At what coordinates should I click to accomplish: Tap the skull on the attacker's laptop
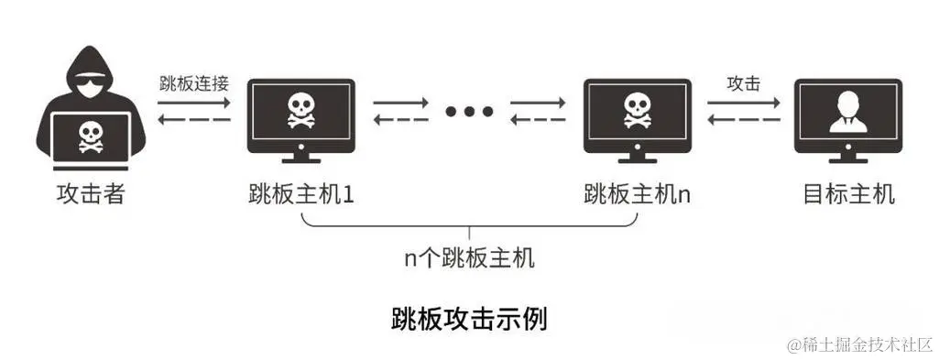[88, 137]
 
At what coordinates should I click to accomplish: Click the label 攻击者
[88, 195]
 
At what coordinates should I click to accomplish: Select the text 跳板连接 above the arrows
[193, 83]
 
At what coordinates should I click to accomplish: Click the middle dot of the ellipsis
[470, 112]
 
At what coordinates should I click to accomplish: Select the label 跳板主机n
[638, 195]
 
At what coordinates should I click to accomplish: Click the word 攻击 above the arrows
[743, 83]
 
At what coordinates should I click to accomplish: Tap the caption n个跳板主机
[470, 258]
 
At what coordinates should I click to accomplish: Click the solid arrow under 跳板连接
[194, 103]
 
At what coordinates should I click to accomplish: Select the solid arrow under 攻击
[744, 103]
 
